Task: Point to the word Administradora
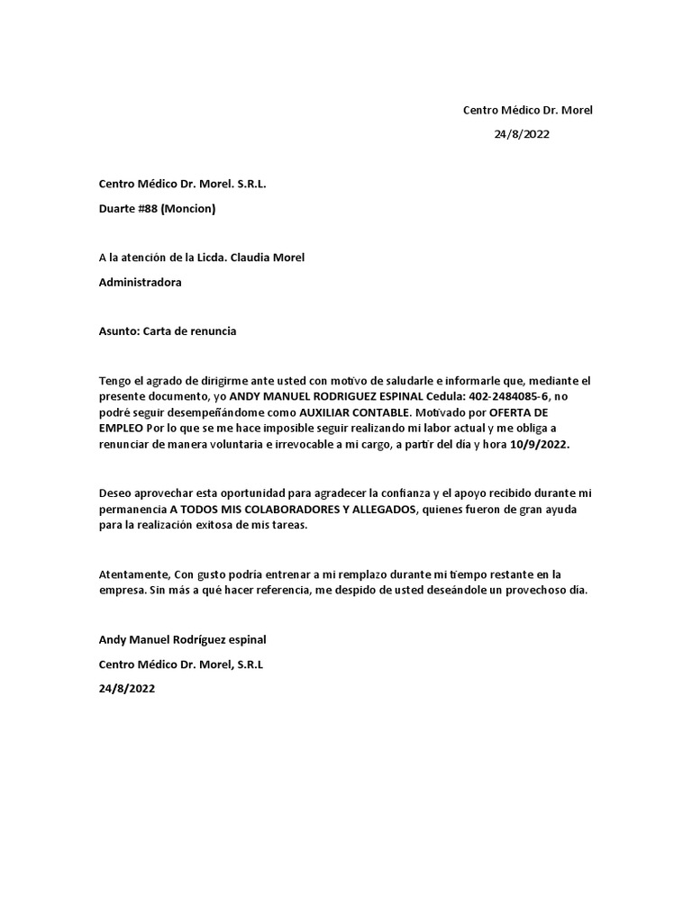pos(140,282)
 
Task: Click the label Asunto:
pos(118,330)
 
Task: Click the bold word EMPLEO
pos(122,428)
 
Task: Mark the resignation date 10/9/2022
pos(539,444)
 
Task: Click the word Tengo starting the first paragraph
pos(114,380)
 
